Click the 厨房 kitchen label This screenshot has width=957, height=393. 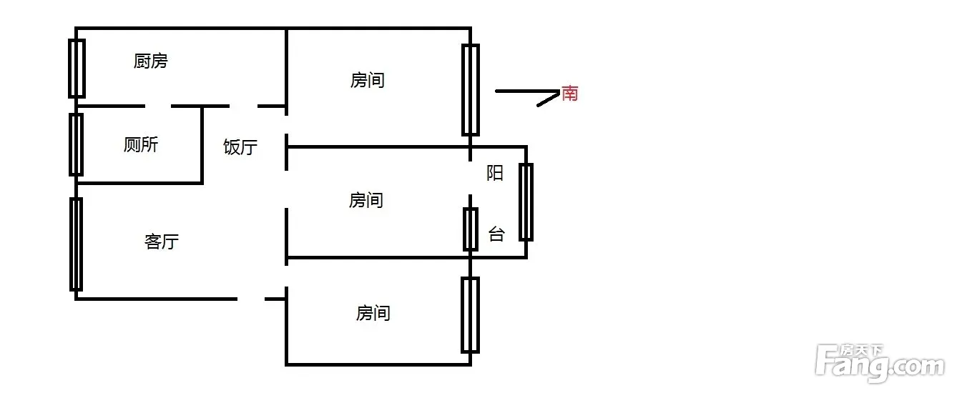[151, 61]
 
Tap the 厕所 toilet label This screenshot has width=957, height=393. [141, 144]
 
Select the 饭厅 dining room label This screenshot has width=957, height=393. [240, 146]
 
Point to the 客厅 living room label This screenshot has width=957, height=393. [162, 242]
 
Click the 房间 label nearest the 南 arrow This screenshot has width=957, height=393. [368, 80]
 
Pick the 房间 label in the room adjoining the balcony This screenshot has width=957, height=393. [365, 200]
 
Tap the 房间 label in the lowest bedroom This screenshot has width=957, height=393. [373, 313]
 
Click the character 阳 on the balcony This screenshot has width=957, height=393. [495, 173]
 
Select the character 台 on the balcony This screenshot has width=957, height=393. [496, 234]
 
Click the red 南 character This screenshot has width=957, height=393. [570, 94]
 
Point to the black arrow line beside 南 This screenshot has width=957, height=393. [528, 91]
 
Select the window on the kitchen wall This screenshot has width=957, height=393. [77, 69]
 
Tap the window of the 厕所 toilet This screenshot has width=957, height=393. [76, 144]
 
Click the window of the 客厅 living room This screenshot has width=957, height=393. [76, 244]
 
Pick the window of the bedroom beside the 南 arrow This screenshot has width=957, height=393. [471, 90]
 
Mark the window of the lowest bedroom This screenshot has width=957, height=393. [470, 315]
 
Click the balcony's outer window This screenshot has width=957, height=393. [526, 202]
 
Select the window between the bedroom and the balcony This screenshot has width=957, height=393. [471, 229]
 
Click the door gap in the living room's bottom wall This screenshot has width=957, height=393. [251, 299]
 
